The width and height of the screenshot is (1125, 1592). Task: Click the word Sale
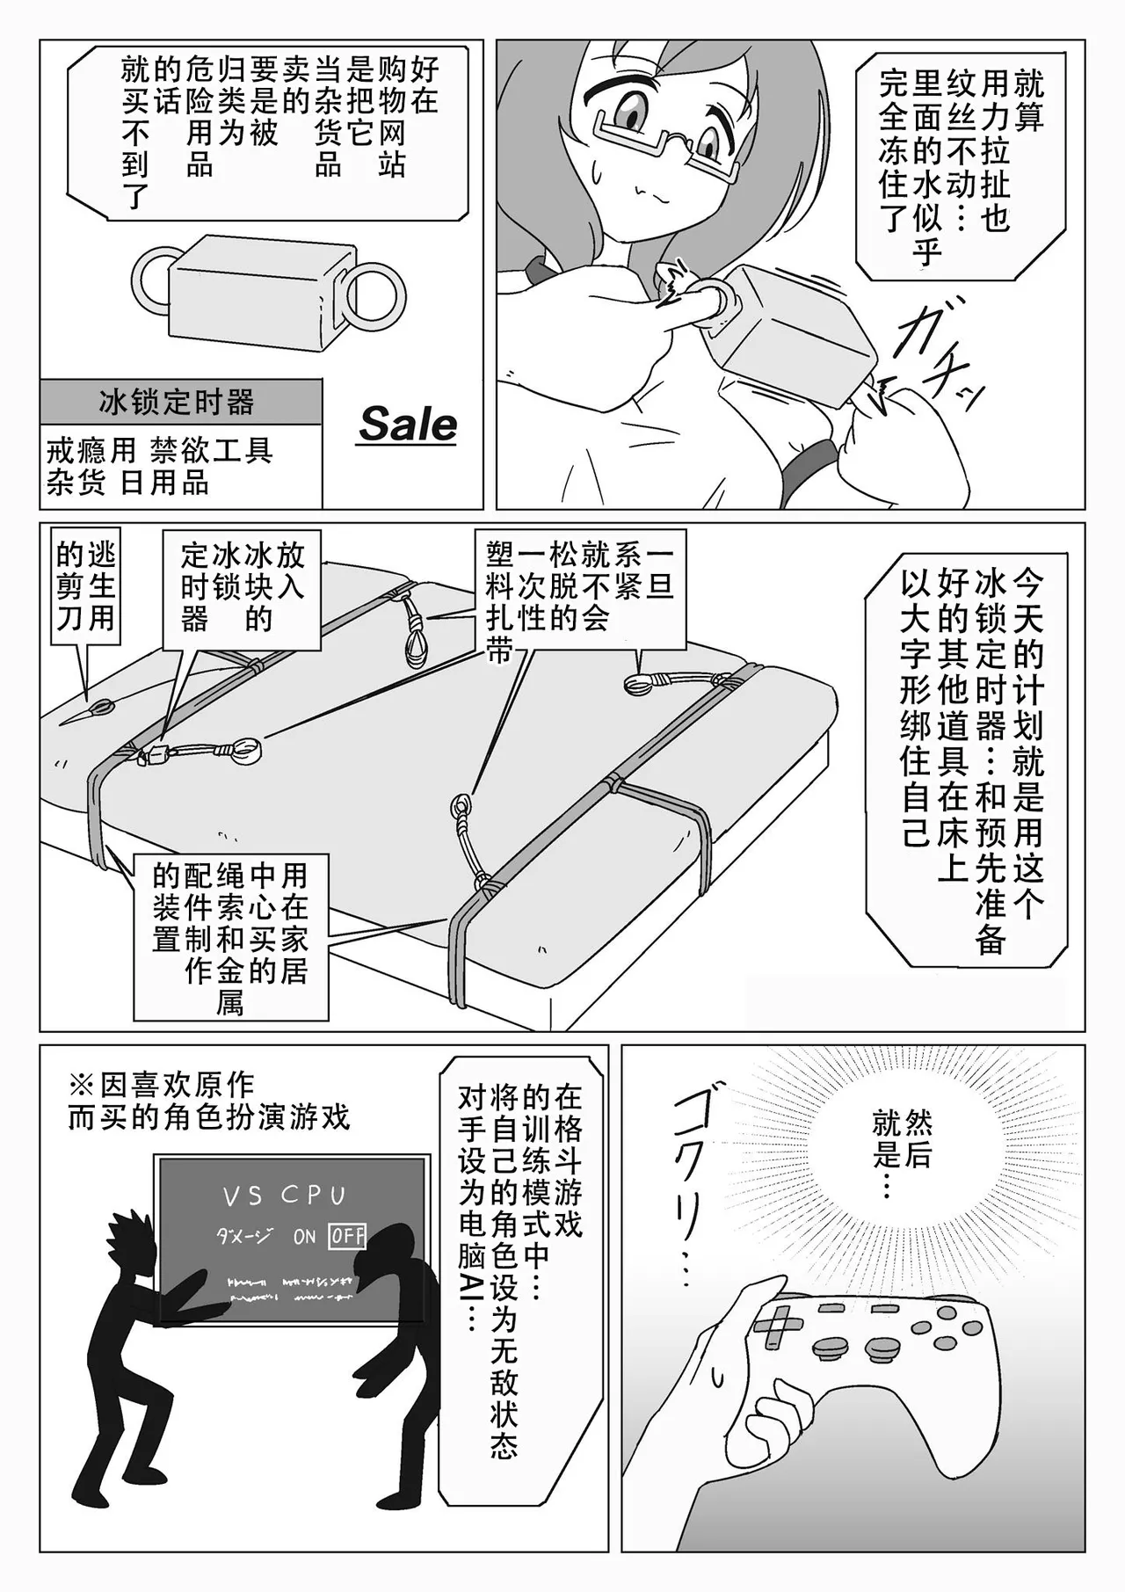point(408,424)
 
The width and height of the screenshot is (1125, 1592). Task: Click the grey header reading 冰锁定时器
point(179,403)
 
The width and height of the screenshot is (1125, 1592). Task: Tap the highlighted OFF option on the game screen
point(347,1236)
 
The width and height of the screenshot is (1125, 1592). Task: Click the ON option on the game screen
point(304,1237)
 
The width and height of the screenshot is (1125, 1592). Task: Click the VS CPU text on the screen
point(284,1196)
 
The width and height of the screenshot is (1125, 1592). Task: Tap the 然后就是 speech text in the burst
point(901,1143)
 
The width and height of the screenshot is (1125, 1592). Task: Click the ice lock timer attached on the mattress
point(158,753)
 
